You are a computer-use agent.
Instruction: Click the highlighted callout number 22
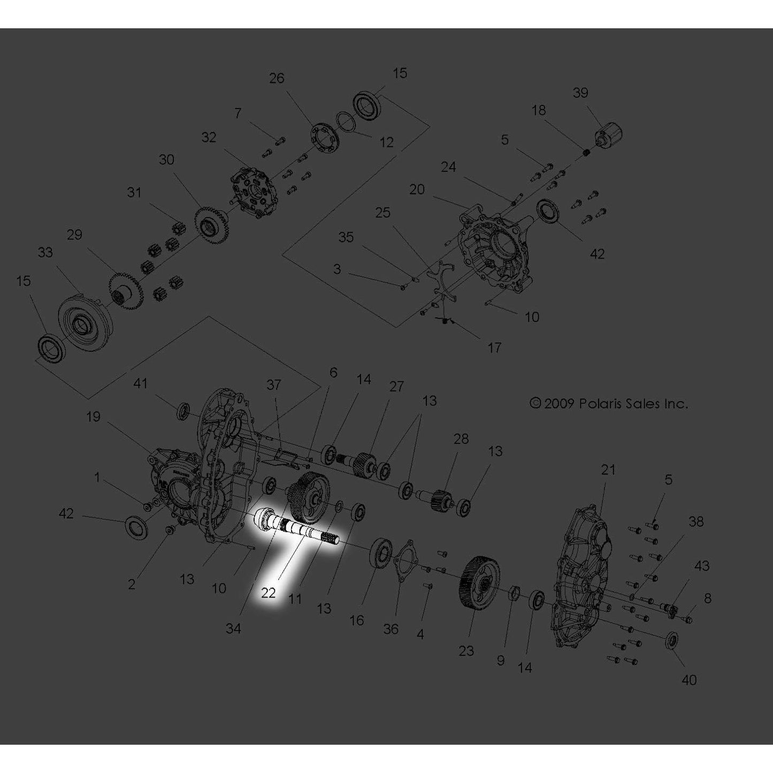[x=268, y=593]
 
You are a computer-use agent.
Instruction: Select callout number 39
[x=580, y=93]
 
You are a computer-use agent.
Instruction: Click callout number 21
[x=608, y=469]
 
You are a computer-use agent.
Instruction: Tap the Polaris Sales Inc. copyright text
[x=609, y=403]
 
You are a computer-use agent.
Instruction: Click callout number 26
[x=277, y=78]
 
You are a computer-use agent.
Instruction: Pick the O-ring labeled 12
[x=345, y=121]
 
